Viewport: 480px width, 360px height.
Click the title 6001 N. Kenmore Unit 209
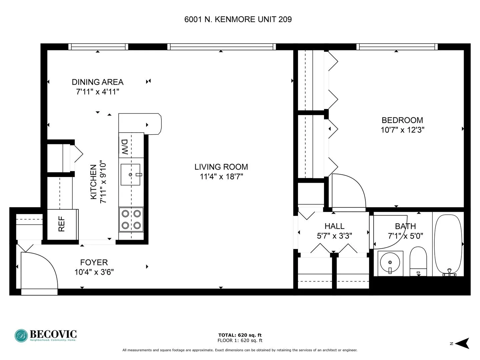[238, 19]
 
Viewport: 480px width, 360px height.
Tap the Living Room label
[221, 167]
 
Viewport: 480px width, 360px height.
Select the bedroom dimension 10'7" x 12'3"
[402, 130]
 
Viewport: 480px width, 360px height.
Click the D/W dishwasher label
[125, 147]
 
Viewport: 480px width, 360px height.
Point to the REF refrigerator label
[62, 224]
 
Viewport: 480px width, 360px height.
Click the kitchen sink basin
[130, 174]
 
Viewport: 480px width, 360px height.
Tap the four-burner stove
[131, 220]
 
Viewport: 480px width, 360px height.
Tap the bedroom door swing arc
[348, 192]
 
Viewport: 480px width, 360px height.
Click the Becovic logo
[46, 335]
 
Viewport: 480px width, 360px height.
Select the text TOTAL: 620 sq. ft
[240, 335]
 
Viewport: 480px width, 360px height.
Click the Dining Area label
[98, 82]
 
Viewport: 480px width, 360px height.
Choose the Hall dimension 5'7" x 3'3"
[334, 236]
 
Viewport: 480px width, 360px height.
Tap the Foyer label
[94, 262]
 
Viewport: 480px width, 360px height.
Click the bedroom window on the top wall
[397, 47]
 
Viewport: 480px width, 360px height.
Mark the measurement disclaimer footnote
[240, 350]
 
